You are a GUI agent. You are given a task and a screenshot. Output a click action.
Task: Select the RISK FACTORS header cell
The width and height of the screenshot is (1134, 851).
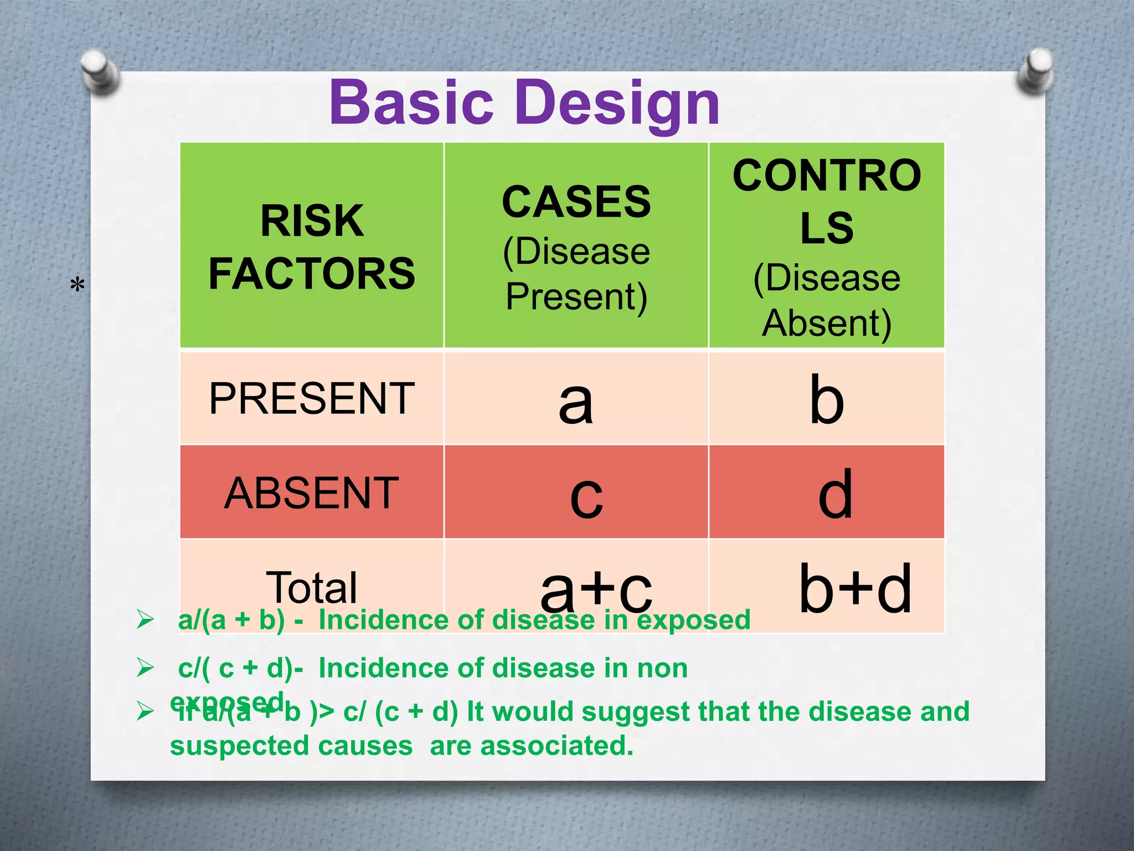[x=312, y=247]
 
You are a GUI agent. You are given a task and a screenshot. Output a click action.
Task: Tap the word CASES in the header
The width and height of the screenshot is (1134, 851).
[x=576, y=202]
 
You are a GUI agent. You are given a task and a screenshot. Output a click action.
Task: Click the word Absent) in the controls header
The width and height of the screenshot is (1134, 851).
[x=827, y=323]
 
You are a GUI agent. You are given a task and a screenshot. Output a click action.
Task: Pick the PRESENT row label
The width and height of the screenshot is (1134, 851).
[x=312, y=398]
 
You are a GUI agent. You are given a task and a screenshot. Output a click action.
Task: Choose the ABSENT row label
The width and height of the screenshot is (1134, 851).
[x=312, y=493]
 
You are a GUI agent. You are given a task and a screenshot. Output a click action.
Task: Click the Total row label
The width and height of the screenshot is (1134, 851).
[x=312, y=587]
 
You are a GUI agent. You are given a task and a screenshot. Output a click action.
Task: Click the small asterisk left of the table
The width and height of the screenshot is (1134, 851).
[x=78, y=286]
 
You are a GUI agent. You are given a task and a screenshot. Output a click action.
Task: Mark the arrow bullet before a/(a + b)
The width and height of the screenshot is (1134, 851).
[x=145, y=619]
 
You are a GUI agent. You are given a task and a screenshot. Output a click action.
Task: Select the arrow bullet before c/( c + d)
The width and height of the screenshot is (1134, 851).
[x=145, y=668]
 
